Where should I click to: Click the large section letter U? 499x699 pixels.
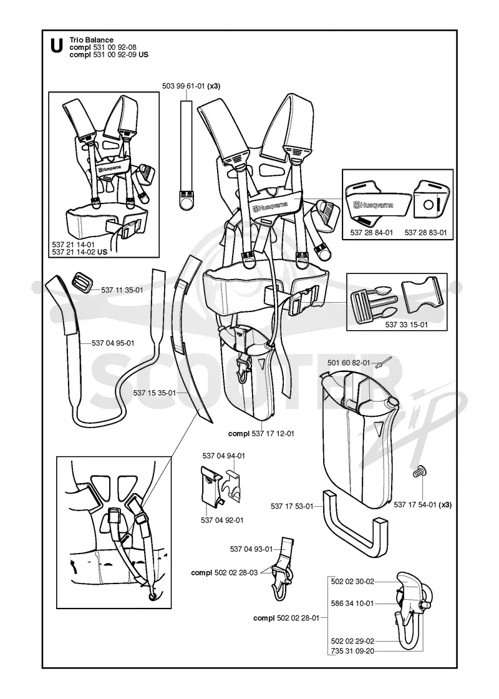(57, 46)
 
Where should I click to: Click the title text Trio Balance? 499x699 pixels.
(91, 40)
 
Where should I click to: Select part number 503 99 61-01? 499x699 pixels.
(183, 87)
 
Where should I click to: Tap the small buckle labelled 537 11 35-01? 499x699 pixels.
(82, 283)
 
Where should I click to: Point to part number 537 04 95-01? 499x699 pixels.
(113, 343)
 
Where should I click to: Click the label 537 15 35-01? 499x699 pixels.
(155, 393)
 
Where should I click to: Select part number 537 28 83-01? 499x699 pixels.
(425, 232)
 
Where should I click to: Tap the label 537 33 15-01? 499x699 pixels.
(406, 325)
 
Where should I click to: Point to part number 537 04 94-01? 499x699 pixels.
(224, 456)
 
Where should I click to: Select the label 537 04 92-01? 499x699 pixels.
(222, 521)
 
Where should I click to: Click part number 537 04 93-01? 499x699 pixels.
(251, 549)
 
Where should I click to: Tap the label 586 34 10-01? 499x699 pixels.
(352, 603)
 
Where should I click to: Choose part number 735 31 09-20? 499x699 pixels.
(352, 652)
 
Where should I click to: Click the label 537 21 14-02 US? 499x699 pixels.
(80, 252)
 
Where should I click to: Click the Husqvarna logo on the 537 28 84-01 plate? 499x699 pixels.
(374, 205)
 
